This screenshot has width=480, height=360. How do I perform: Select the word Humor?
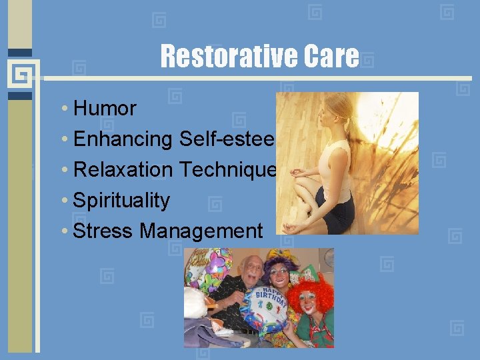(105, 108)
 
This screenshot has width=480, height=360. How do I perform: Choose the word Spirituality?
(121, 201)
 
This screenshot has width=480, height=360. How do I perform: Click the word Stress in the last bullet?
(103, 231)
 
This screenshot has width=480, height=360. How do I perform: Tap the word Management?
(201, 231)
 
